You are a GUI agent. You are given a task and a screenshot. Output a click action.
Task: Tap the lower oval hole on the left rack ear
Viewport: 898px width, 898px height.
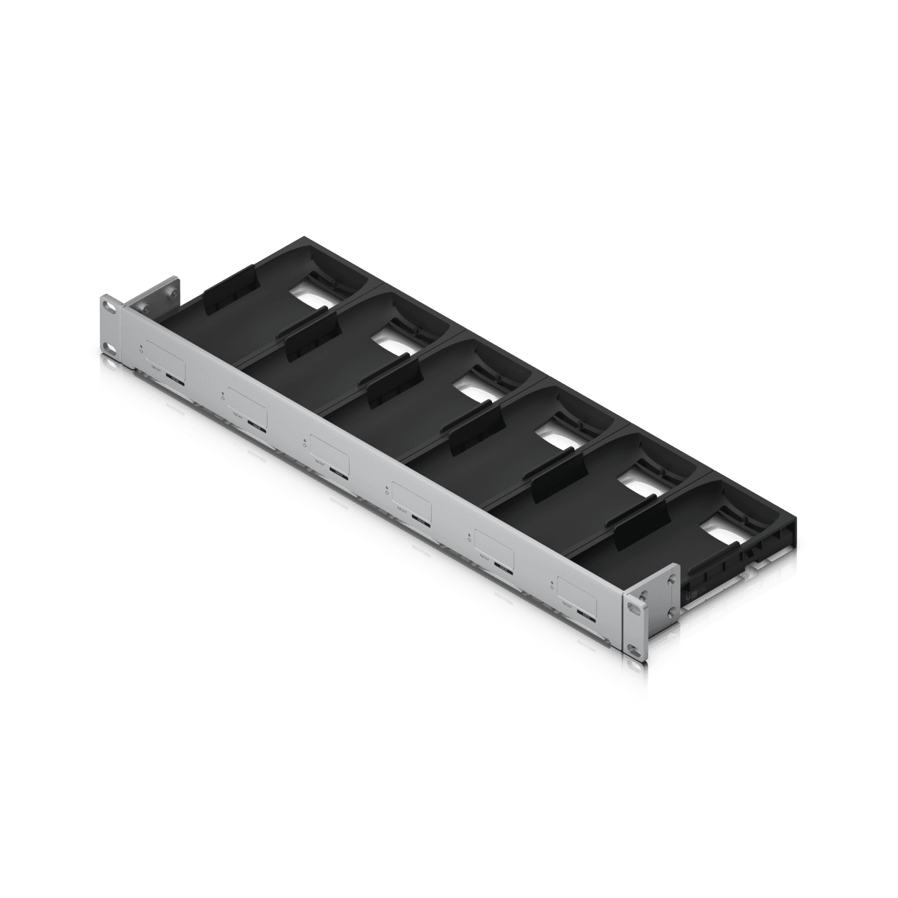(108, 348)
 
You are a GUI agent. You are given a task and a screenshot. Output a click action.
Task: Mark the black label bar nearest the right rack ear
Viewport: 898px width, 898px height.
(585, 612)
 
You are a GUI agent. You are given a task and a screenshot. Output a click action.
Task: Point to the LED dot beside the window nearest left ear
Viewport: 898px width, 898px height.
(142, 347)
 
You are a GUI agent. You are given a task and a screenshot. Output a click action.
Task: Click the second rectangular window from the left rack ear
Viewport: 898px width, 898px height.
(247, 406)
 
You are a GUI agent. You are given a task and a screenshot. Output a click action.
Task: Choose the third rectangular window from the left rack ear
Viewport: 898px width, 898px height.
(329, 453)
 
